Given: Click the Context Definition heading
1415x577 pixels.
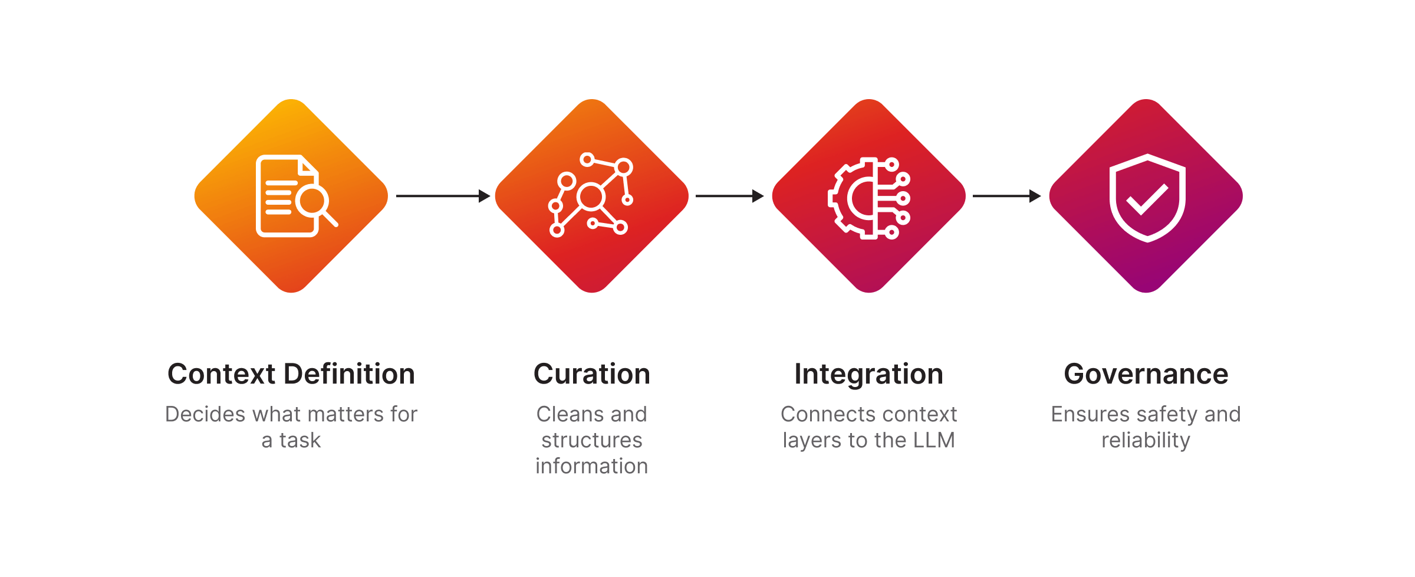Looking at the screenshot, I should (x=291, y=374).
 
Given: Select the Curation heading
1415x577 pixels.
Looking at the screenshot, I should (x=591, y=374).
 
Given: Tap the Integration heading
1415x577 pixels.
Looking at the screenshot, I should (x=868, y=374).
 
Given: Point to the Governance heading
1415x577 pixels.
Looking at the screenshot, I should (x=1146, y=374).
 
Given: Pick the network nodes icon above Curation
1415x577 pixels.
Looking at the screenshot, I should (x=591, y=195).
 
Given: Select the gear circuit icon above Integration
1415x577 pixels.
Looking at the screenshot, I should (x=869, y=198).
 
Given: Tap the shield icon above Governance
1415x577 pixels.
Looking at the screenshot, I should (x=1147, y=198).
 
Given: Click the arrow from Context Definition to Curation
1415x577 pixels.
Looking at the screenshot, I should (x=443, y=196).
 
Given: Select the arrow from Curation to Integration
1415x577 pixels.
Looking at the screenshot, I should (x=729, y=196).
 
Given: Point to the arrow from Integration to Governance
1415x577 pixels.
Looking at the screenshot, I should (x=1006, y=196).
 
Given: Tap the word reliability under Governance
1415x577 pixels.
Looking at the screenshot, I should (x=1146, y=440).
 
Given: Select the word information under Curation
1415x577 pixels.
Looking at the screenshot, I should (x=591, y=466).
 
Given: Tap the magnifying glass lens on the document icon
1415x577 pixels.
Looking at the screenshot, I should (x=312, y=201).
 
